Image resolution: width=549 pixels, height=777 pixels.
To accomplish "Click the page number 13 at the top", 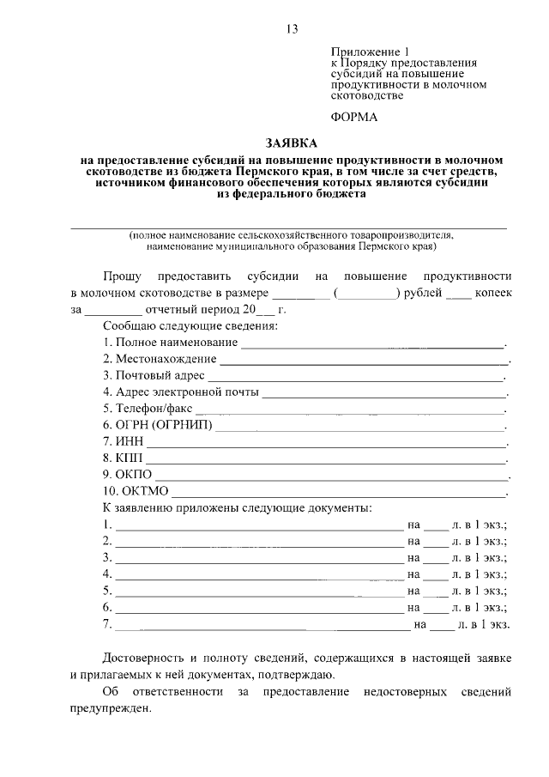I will tap(292, 29).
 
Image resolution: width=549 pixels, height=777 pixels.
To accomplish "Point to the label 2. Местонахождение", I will tap(160, 359).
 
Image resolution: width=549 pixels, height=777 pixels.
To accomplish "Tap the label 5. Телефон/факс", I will tap(148, 409).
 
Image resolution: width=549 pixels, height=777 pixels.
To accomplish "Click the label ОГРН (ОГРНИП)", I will tap(158, 425).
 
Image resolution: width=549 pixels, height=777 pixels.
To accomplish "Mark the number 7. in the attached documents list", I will tap(107, 624).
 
